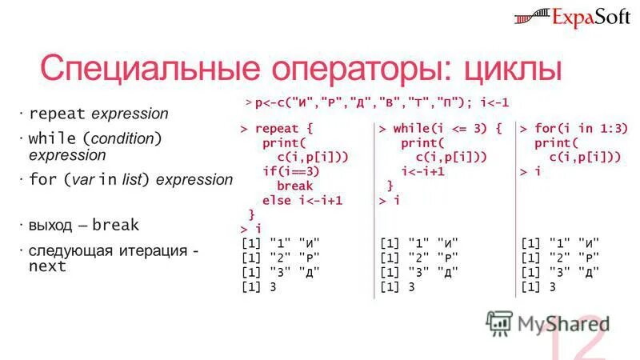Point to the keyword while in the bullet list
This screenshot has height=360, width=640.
pyautogui.click(x=52, y=138)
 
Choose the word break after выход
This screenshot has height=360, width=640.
pyautogui.click(x=114, y=225)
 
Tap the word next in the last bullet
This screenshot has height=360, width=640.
pyautogui.click(x=47, y=266)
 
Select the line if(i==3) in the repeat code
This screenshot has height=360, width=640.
pyautogui.click(x=291, y=171)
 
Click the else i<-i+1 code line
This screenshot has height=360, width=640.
pyautogui.click(x=302, y=200)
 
